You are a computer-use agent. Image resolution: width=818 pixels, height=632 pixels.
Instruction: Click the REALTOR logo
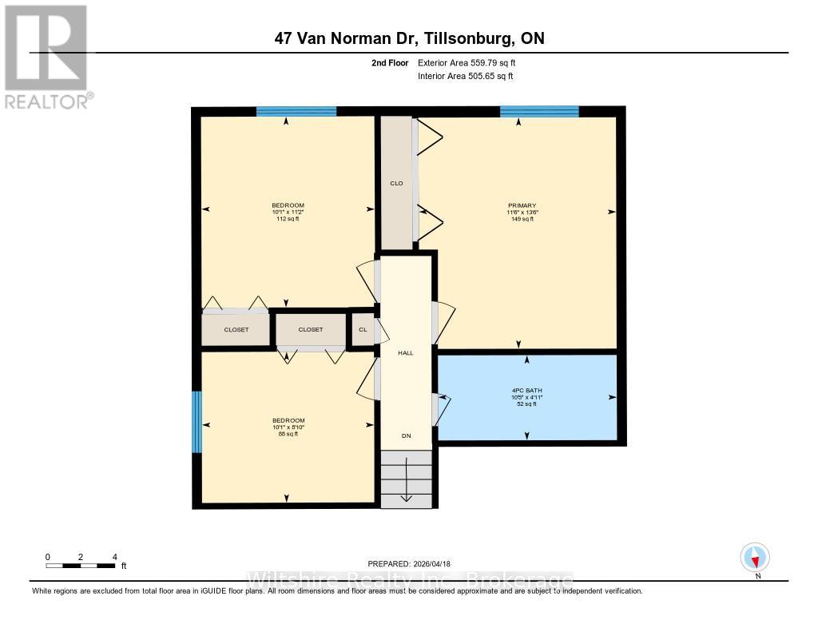click(x=47, y=56)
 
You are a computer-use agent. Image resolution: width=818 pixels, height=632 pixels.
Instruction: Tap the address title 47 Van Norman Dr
click(x=409, y=38)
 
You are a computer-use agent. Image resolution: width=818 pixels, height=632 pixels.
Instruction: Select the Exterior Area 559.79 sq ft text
click(x=472, y=62)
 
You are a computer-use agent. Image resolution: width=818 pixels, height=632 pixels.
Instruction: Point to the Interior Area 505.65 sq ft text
click(x=465, y=76)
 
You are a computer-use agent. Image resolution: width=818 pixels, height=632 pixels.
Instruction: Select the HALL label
click(x=406, y=352)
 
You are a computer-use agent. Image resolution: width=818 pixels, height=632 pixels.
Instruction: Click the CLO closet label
click(x=395, y=184)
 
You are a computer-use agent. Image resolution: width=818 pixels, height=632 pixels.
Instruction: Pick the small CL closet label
click(x=363, y=329)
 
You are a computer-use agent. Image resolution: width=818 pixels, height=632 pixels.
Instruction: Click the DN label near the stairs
click(x=406, y=436)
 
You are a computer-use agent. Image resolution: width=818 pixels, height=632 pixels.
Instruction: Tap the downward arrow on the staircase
click(x=406, y=479)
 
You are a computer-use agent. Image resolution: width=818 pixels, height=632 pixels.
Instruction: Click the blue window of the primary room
click(x=539, y=111)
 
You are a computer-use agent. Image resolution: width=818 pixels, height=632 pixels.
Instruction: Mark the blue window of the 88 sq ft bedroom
click(x=197, y=421)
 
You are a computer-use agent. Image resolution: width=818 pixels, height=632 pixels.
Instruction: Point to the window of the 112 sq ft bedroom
click(x=296, y=111)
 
